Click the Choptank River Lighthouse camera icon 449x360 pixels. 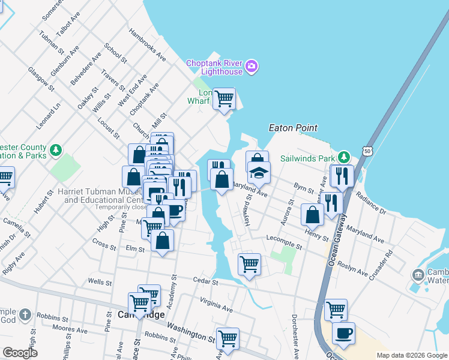pos(252,65)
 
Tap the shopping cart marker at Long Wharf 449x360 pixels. pos(224,98)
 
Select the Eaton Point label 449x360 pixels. pos(293,128)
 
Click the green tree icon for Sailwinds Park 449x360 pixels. pos(344,157)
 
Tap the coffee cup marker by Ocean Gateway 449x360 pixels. pos(343,333)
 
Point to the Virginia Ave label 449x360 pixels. pos(216,306)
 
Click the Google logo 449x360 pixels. pos(20,353)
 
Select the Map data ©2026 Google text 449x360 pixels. pos(412,355)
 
